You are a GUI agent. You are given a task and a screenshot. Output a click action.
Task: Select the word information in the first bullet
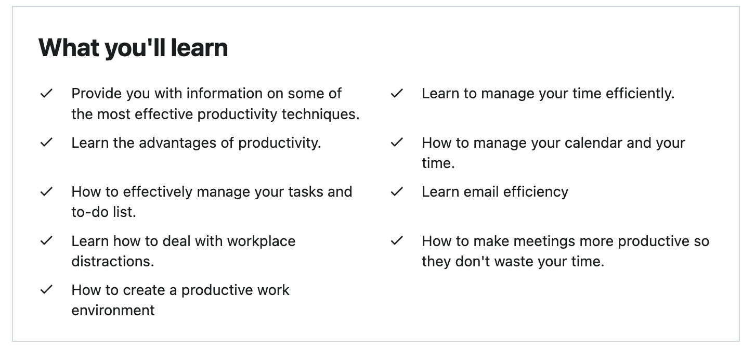coord(224,94)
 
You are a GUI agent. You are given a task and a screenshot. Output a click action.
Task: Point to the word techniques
coord(320,114)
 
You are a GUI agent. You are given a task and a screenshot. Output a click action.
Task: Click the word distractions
coord(112,261)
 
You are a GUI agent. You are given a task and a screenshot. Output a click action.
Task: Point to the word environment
coord(113,311)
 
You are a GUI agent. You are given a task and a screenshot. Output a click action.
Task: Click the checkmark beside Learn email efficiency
coord(397,192)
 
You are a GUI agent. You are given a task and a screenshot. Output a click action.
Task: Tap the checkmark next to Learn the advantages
coord(46,143)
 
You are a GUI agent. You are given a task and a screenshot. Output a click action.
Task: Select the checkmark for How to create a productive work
coord(46,290)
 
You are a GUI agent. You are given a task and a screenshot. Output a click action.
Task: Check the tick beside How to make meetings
coord(397,241)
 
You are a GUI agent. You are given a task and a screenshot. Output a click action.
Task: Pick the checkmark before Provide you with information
coord(46,94)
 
